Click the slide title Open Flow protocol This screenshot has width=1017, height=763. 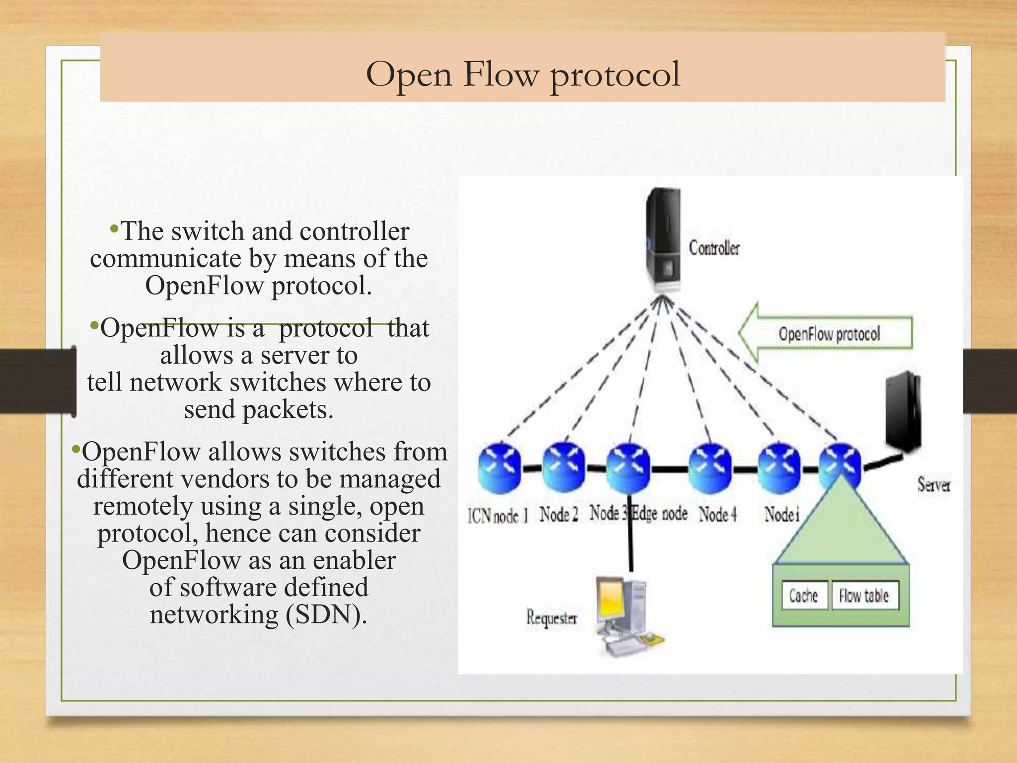[x=522, y=75]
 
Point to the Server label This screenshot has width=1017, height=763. [x=933, y=484]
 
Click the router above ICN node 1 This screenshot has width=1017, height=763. [x=499, y=467]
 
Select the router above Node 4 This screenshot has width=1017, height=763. [x=710, y=467]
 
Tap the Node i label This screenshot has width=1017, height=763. [x=782, y=514]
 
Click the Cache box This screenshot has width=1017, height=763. [x=803, y=596]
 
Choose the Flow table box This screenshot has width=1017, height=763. [x=864, y=596]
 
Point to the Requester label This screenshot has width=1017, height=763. [x=552, y=618]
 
